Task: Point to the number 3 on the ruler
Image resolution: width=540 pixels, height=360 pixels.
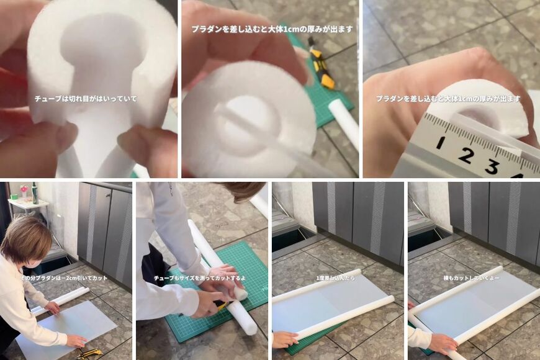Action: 492,166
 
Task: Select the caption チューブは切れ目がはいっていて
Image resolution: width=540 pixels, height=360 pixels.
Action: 86,99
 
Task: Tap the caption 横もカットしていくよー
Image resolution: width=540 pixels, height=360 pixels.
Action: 472,277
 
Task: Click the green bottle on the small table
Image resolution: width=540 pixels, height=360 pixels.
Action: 35,194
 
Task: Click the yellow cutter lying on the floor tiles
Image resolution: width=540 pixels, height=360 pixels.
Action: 90,353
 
